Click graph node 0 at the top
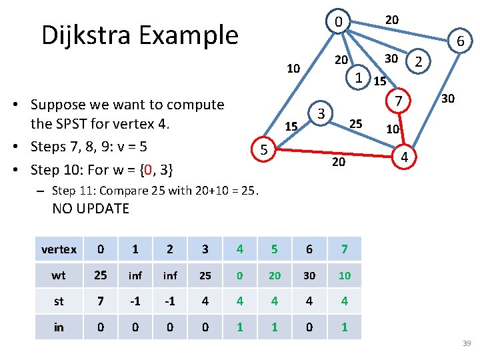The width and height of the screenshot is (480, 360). (339, 23)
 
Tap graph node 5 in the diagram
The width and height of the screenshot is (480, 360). (264, 151)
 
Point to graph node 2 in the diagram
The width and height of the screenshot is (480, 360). (418, 62)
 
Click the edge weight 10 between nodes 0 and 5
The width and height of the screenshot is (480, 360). (293, 68)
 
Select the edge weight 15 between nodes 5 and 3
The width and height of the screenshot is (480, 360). (291, 126)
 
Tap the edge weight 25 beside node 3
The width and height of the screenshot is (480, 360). (356, 123)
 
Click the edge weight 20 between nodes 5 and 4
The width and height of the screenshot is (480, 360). (339, 162)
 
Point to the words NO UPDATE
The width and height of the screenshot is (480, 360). (91, 209)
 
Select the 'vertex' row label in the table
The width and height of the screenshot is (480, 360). (59, 249)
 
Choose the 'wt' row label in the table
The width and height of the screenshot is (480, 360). (59, 275)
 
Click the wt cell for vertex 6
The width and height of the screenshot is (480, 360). (309, 275)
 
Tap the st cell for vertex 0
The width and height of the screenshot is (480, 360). (100, 301)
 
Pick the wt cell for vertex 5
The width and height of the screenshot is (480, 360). (274, 275)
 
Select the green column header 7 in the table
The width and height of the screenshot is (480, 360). (343, 249)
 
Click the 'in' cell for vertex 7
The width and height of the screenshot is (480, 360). (343, 327)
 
